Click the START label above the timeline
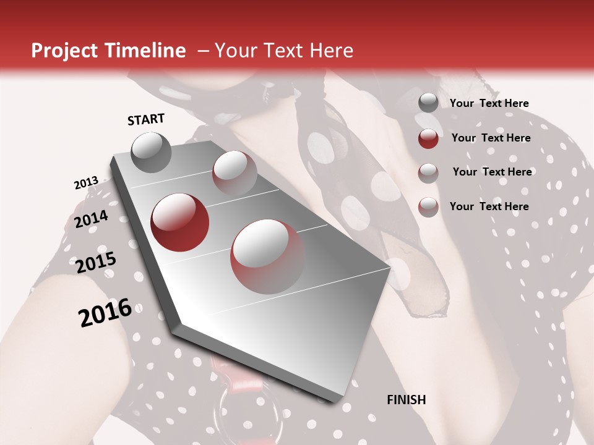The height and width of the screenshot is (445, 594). point(146,119)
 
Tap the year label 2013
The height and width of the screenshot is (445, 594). point(86,183)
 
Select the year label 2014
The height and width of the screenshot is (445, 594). point(91,219)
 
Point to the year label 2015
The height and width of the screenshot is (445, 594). point(96,263)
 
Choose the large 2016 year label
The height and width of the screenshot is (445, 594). point(105,312)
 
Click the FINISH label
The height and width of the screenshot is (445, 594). point(407,400)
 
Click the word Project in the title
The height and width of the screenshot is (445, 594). point(61,51)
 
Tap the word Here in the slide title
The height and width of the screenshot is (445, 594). point(331,51)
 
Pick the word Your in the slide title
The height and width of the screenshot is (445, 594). point(235,51)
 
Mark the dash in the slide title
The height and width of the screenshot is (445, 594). point(203,51)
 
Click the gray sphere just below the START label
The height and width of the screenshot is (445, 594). point(151,152)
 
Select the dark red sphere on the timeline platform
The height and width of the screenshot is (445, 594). point(180,222)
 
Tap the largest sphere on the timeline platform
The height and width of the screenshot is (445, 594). point(268,256)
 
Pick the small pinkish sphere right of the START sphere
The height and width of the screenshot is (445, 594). point(235,173)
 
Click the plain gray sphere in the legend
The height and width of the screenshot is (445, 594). point(428,103)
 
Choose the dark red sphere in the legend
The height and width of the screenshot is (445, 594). point(428,138)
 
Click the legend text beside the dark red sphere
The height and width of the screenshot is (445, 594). point(491,138)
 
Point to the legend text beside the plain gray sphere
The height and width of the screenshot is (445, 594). point(489,103)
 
